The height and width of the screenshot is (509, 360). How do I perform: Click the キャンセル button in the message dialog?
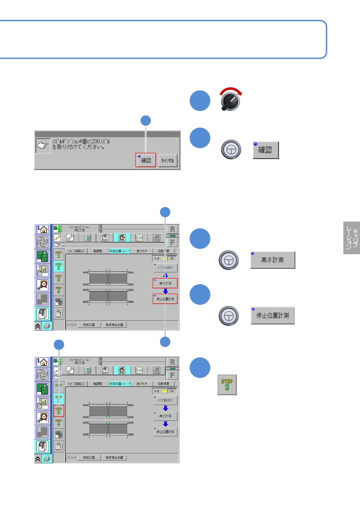(168, 160)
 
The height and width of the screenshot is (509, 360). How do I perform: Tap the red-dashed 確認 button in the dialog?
(146, 160)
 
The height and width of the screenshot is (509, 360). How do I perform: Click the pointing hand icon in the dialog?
(43, 146)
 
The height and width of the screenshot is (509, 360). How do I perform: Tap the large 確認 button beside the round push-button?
(266, 150)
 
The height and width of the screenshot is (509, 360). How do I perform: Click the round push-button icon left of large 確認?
(231, 149)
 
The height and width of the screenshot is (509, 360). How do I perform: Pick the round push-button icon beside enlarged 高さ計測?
(229, 260)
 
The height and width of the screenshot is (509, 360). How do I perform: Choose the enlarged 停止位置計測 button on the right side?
(273, 316)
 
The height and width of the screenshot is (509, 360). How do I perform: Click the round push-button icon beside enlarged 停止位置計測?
(229, 316)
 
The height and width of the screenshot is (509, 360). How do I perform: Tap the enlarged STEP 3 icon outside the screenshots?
(227, 385)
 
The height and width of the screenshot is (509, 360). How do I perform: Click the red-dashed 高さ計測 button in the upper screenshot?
(165, 283)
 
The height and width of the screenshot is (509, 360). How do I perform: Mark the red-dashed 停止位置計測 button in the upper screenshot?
(165, 299)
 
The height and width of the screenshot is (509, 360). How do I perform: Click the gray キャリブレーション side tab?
(352, 238)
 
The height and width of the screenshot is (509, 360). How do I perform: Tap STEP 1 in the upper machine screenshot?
(59, 254)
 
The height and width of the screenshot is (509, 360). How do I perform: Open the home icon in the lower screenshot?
(43, 362)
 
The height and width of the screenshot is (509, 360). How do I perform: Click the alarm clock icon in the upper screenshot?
(43, 285)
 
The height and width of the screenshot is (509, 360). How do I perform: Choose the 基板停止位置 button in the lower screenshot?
(114, 457)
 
